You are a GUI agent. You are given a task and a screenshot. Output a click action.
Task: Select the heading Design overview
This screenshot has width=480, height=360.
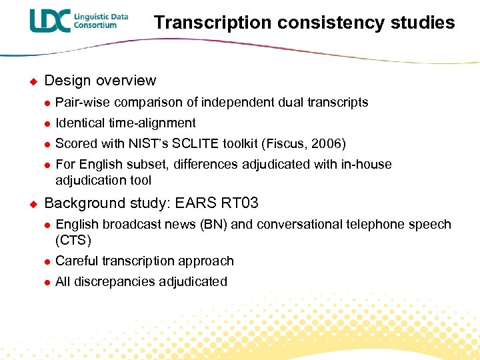click(x=100, y=81)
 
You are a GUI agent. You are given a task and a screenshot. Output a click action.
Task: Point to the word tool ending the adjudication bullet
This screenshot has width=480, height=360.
click(x=141, y=181)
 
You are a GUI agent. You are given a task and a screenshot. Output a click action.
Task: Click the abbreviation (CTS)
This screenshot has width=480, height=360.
click(x=73, y=240)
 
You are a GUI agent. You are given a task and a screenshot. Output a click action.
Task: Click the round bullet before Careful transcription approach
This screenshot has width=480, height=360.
click(x=47, y=261)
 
